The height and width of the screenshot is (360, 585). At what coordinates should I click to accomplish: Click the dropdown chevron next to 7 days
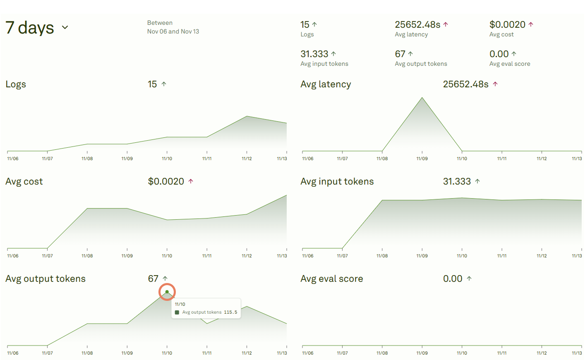coord(65,28)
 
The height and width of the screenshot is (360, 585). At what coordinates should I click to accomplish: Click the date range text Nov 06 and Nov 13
coord(173,31)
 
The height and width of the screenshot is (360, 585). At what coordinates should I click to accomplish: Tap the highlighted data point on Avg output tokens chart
coord(167,292)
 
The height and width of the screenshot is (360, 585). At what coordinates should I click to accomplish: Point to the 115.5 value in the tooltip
coord(230,312)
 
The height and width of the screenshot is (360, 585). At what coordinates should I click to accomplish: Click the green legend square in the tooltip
coord(177,312)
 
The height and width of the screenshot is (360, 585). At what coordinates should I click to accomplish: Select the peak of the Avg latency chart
coord(422,98)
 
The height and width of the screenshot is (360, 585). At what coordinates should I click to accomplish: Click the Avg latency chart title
coord(326,84)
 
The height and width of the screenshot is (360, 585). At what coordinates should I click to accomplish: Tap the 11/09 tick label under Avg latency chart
coord(422,159)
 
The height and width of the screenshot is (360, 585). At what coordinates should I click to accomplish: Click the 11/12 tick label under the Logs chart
coord(247,159)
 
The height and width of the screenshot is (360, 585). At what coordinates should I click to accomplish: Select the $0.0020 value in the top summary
coord(507,25)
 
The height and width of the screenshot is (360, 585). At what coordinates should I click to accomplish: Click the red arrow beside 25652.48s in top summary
coord(446,24)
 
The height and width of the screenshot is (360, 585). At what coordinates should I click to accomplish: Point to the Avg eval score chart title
coord(332,279)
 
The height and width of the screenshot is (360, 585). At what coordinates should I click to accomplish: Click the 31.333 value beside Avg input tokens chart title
coord(457,182)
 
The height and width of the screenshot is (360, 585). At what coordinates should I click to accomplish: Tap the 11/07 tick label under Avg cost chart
coord(47,256)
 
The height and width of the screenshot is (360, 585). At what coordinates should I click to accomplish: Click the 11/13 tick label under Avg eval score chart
coord(577,353)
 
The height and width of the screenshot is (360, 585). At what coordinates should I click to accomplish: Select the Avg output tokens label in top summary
coord(421,64)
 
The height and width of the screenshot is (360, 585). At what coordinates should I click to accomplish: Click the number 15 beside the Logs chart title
coord(152,84)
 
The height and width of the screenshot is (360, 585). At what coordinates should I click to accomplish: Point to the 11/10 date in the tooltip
coord(180,304)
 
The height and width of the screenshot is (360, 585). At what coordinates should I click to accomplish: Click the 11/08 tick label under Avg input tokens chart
coord(382,256)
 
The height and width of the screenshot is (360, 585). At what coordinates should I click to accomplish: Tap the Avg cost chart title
coord(24,182)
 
